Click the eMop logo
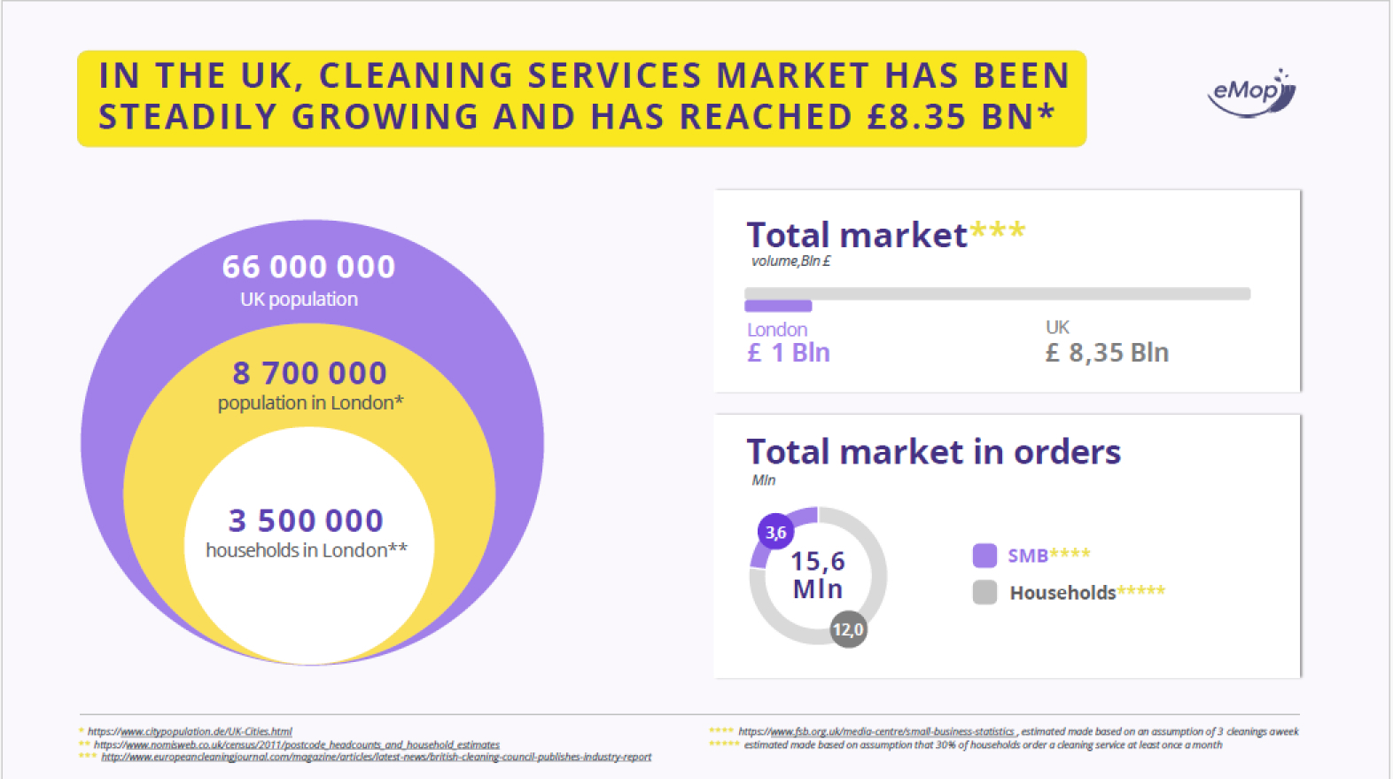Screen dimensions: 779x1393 tap(1251, 92)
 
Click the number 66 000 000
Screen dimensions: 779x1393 tap(308, 267)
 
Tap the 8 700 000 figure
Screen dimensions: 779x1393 tap(309, 373)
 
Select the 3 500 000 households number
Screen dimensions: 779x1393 tap(306, 520)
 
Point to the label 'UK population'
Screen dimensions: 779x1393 tap(299, 300)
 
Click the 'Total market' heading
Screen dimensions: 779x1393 tap(857, 236)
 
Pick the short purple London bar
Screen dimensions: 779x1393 tap(778, 307)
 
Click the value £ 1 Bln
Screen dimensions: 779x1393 tap(789, 353)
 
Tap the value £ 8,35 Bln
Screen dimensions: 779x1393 tap(1107, 353)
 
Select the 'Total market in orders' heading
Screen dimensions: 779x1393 tap(933, 452)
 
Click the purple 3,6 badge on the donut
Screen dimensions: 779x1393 tap(775, 533)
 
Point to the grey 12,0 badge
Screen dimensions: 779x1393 tap(848, 629)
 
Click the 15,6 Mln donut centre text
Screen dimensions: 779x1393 tap(817, 574)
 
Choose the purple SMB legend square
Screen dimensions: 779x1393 tap(984, 556)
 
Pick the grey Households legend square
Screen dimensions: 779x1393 tap(984, 592)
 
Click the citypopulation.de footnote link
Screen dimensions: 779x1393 tap(190, 732)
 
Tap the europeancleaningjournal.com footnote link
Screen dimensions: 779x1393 tap(376, 757)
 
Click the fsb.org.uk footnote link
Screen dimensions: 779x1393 tap(876, 732)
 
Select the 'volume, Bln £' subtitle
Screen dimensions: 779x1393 tap(790, 261)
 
